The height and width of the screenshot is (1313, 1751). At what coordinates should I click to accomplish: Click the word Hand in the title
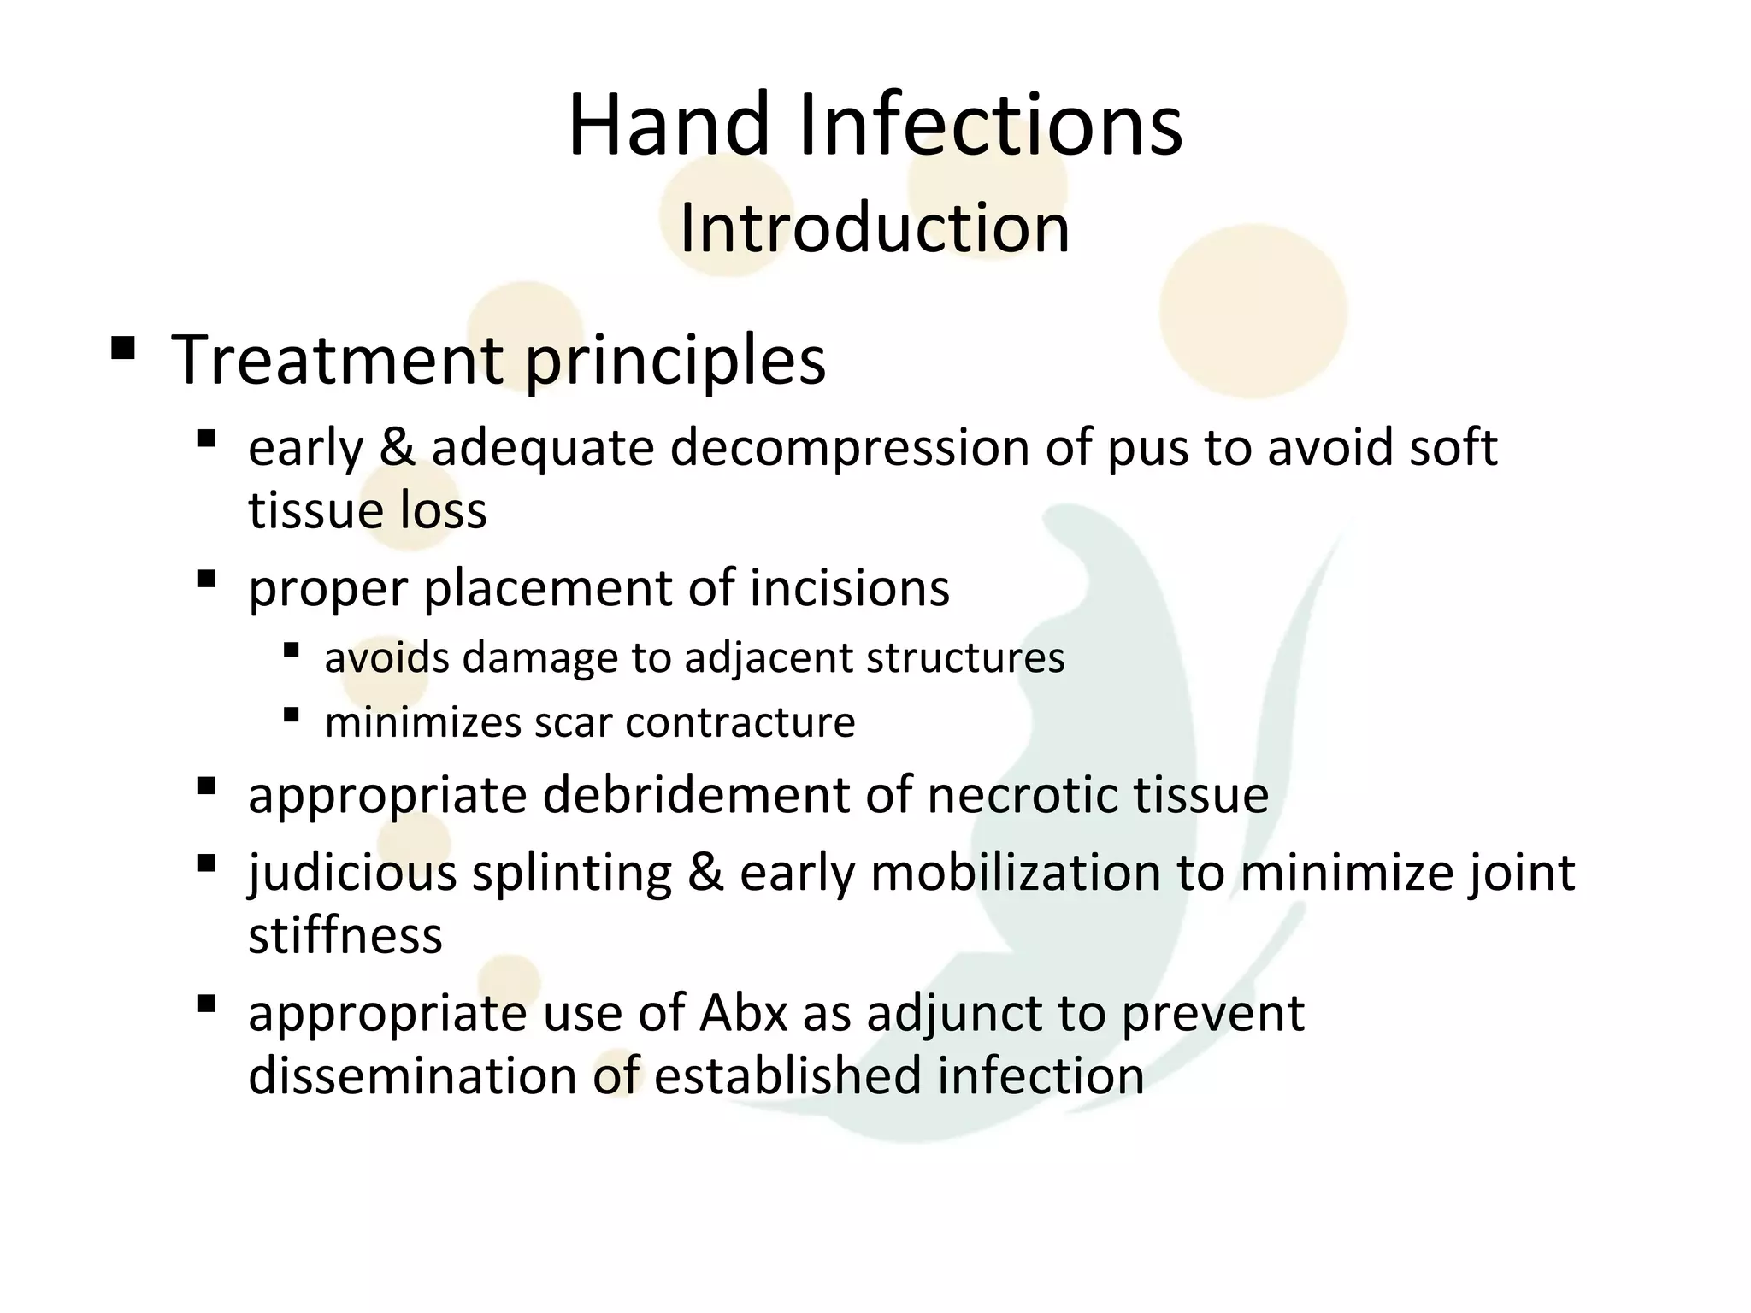tap(669, 125)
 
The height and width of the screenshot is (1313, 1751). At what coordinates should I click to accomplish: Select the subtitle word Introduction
tap(874, 228)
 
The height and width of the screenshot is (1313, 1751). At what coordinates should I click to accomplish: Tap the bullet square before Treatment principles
tap(123, 348)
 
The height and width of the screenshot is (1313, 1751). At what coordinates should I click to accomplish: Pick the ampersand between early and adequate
tap(397, 448)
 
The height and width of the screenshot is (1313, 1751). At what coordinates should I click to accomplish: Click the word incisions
tap(850, 588)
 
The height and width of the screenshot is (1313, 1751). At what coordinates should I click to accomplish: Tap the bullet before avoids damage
tap(292, 651)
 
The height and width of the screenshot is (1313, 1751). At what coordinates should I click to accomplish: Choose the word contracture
tap(740, 722)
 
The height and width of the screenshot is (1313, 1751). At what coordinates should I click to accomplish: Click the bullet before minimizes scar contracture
tap(292, 715)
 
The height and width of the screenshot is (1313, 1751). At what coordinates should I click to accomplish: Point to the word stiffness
tap(345, 935)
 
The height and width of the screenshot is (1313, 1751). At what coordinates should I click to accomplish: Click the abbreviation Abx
tap(743, 1014)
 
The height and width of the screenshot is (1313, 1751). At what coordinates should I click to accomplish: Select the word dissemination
tap(412, 1076)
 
